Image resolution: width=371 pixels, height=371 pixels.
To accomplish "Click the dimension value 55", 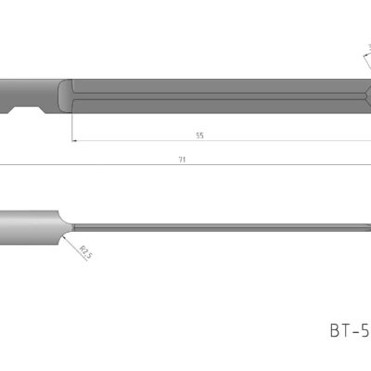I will pyautogui.click(x=199, y=135).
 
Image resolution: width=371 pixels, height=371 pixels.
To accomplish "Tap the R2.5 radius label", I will pyautogui.click(x=84, y=250).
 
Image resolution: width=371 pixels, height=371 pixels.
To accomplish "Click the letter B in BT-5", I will pyautogui.click(x=335, y=329).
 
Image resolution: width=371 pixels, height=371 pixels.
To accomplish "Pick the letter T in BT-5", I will pyautogui.click(x=347, y=329).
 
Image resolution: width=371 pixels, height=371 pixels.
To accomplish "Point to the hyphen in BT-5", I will pyautogui.click(x=357, y=330).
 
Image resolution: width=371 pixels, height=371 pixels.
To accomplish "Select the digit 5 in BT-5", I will pyautogui.click(x=366, y=329).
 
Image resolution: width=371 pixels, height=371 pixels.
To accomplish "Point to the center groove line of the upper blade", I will pyautogui.click(x=213, y=95).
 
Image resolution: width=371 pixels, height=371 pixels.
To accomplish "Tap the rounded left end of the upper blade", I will pyautogui.click(x=65, y=95).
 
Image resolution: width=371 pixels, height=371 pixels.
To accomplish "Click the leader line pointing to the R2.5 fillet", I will pyautogui.click(x=74, y=243).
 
